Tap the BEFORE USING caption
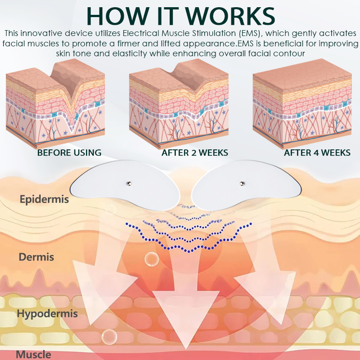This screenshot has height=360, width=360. [69, 153]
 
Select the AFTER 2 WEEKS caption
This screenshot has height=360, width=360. [195, 153]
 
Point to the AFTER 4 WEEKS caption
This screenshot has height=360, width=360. [317, 153]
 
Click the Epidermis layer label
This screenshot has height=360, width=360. [44, 199]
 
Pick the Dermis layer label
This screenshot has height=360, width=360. [36, 257]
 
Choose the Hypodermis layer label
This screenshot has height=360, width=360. [48, 313]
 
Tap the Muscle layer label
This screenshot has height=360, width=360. [33, 354]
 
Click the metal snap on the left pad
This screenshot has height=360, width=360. [129, 183]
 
